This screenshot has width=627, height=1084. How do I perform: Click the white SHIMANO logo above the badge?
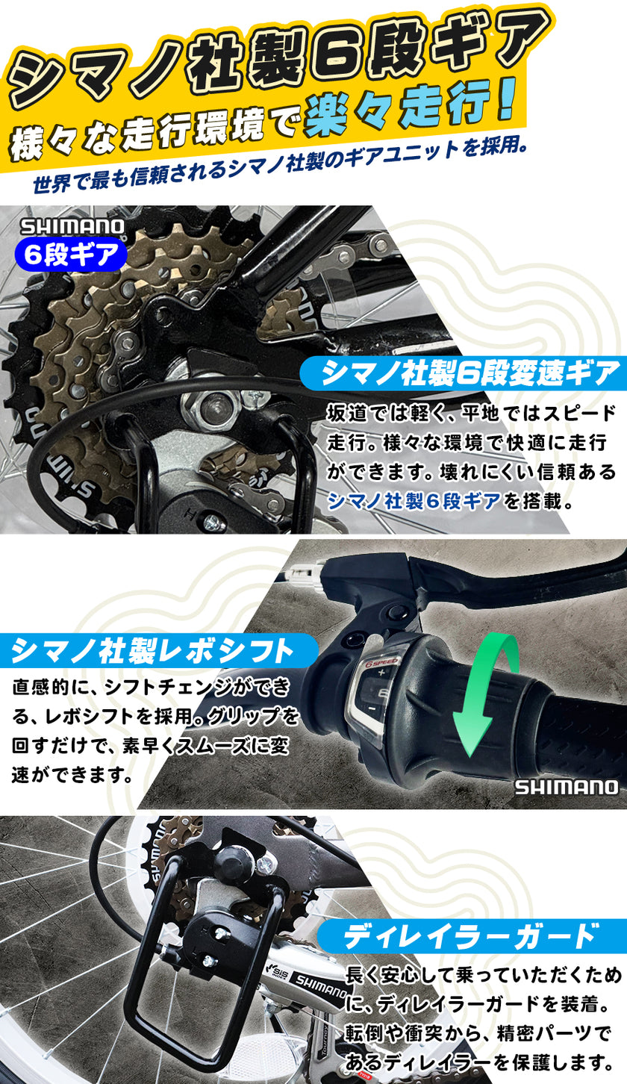pyautogui.click(x=72, y=227)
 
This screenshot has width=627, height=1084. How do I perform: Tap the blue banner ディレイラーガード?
pyautogui.click(x=470, y=935)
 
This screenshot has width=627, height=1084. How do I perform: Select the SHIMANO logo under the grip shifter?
pyautogui.click(x=565, y=787)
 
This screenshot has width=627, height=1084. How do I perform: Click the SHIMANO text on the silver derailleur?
pyautogui.click(x=320, y=988)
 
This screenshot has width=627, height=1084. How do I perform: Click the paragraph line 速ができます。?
pyautogui.click(x=72, y=774)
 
